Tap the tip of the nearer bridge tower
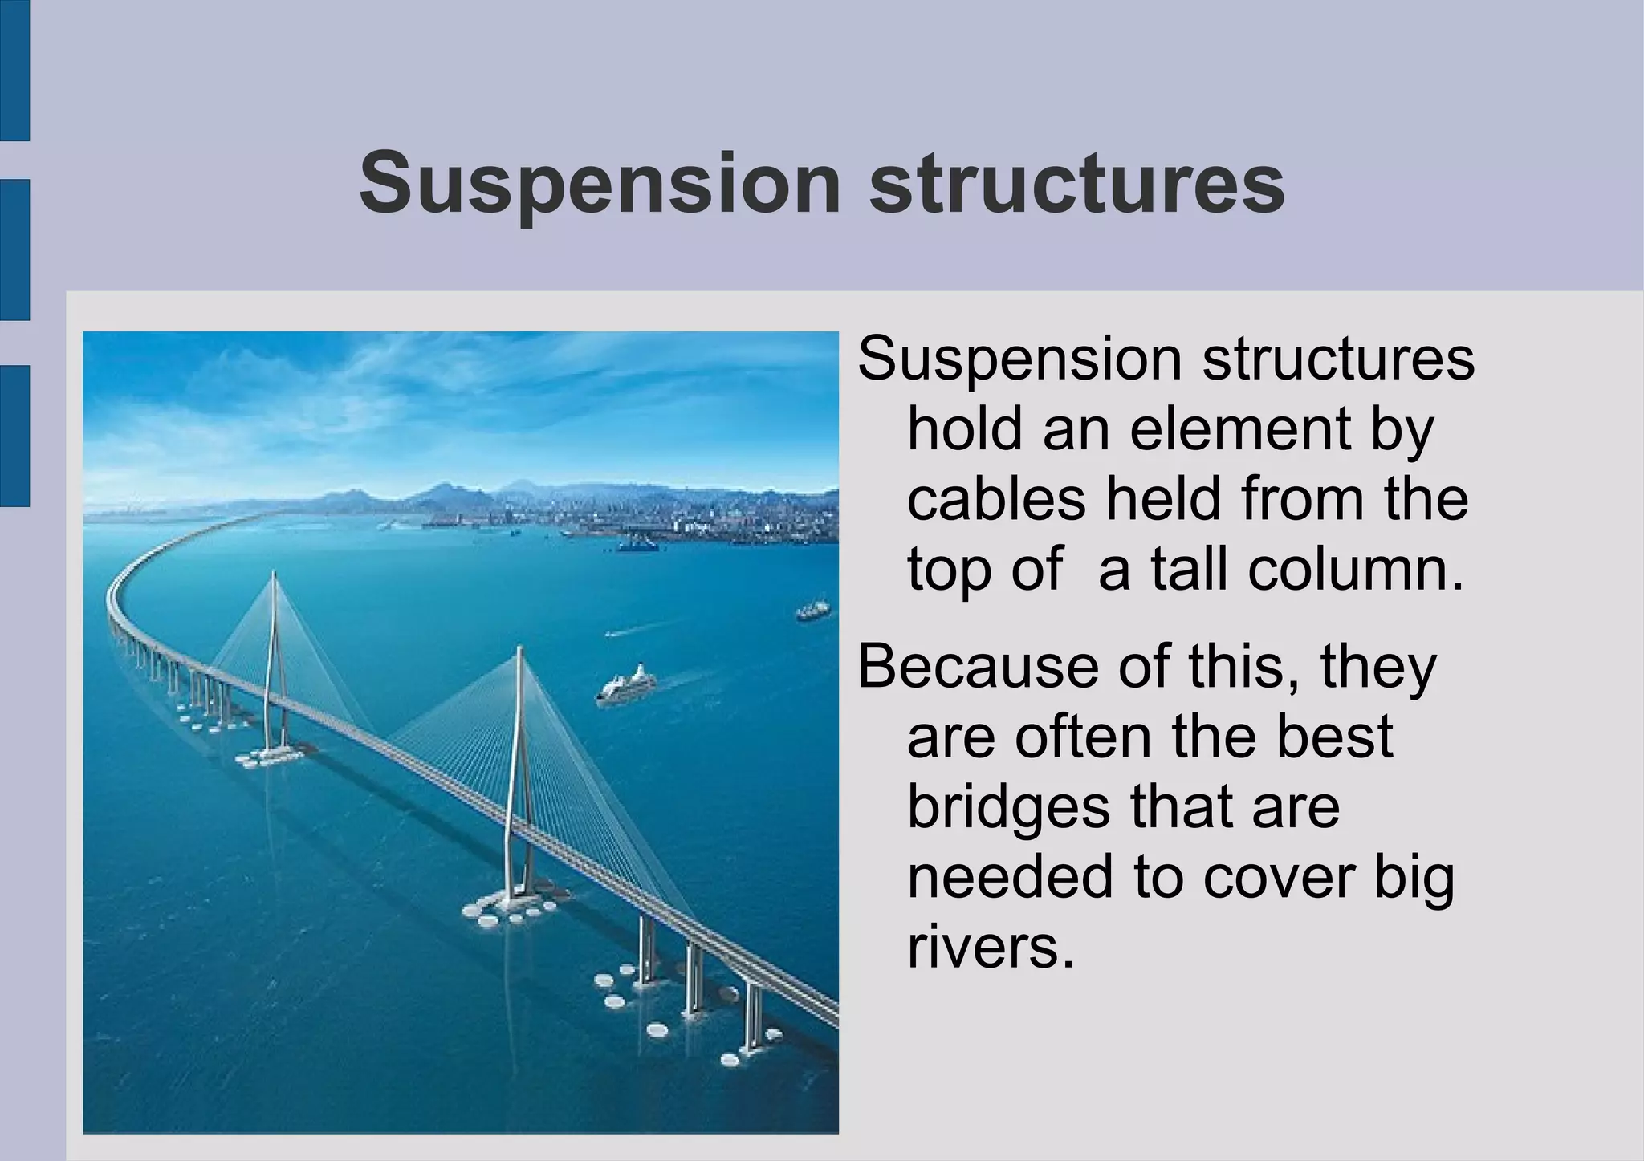(520, 650)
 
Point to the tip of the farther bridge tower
(273, 573)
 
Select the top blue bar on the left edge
(14, 71)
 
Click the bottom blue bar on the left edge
(14, 436)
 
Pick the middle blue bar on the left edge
(14, 250)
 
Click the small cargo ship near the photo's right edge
(812, 610)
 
